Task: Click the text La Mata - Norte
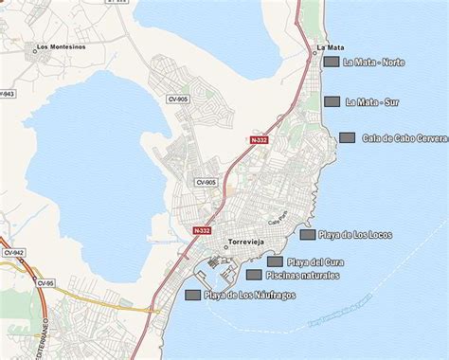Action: [x=374, y=63]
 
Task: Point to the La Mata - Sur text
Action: [x=371, y=101]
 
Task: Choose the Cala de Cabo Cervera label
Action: [x=404, y=138]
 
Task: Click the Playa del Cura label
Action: [x=315, y=262]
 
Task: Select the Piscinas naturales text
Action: [x=302, y=276]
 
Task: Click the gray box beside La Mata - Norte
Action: [x=332, y=62]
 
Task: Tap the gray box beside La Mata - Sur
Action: [x=332, y=101]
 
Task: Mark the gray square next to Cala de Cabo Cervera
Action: [x=347, y=137]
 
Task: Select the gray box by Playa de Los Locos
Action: [x=307, y=235]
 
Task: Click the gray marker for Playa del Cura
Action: [x=275, y=261]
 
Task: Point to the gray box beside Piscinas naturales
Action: [x=254, y=275]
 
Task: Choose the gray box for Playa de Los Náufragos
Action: [x=192, y=295]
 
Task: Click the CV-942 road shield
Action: [x=14, y=253]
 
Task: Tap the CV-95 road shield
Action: [x=47, y=283]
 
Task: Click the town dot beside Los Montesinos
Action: [x=35, y=51]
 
